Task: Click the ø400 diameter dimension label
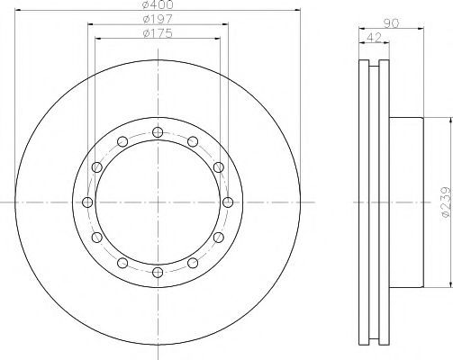158,4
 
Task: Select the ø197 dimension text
158,19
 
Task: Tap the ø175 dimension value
158,33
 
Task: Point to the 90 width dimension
392,23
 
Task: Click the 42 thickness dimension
374,38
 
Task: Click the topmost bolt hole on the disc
158,132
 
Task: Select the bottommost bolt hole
158,273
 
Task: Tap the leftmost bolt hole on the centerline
87,202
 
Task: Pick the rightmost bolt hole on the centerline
228,202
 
